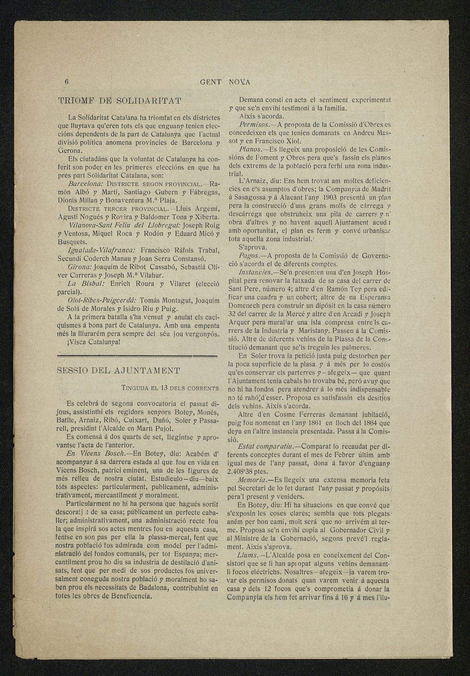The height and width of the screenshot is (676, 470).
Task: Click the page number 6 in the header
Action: (x=67, y=82)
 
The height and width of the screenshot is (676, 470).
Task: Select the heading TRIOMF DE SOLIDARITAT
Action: (x=120, y=101)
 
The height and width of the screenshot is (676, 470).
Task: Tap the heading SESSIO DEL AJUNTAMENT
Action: (x=119, y=370)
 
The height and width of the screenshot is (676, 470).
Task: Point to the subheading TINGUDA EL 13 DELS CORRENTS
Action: (x=170, y=388)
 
